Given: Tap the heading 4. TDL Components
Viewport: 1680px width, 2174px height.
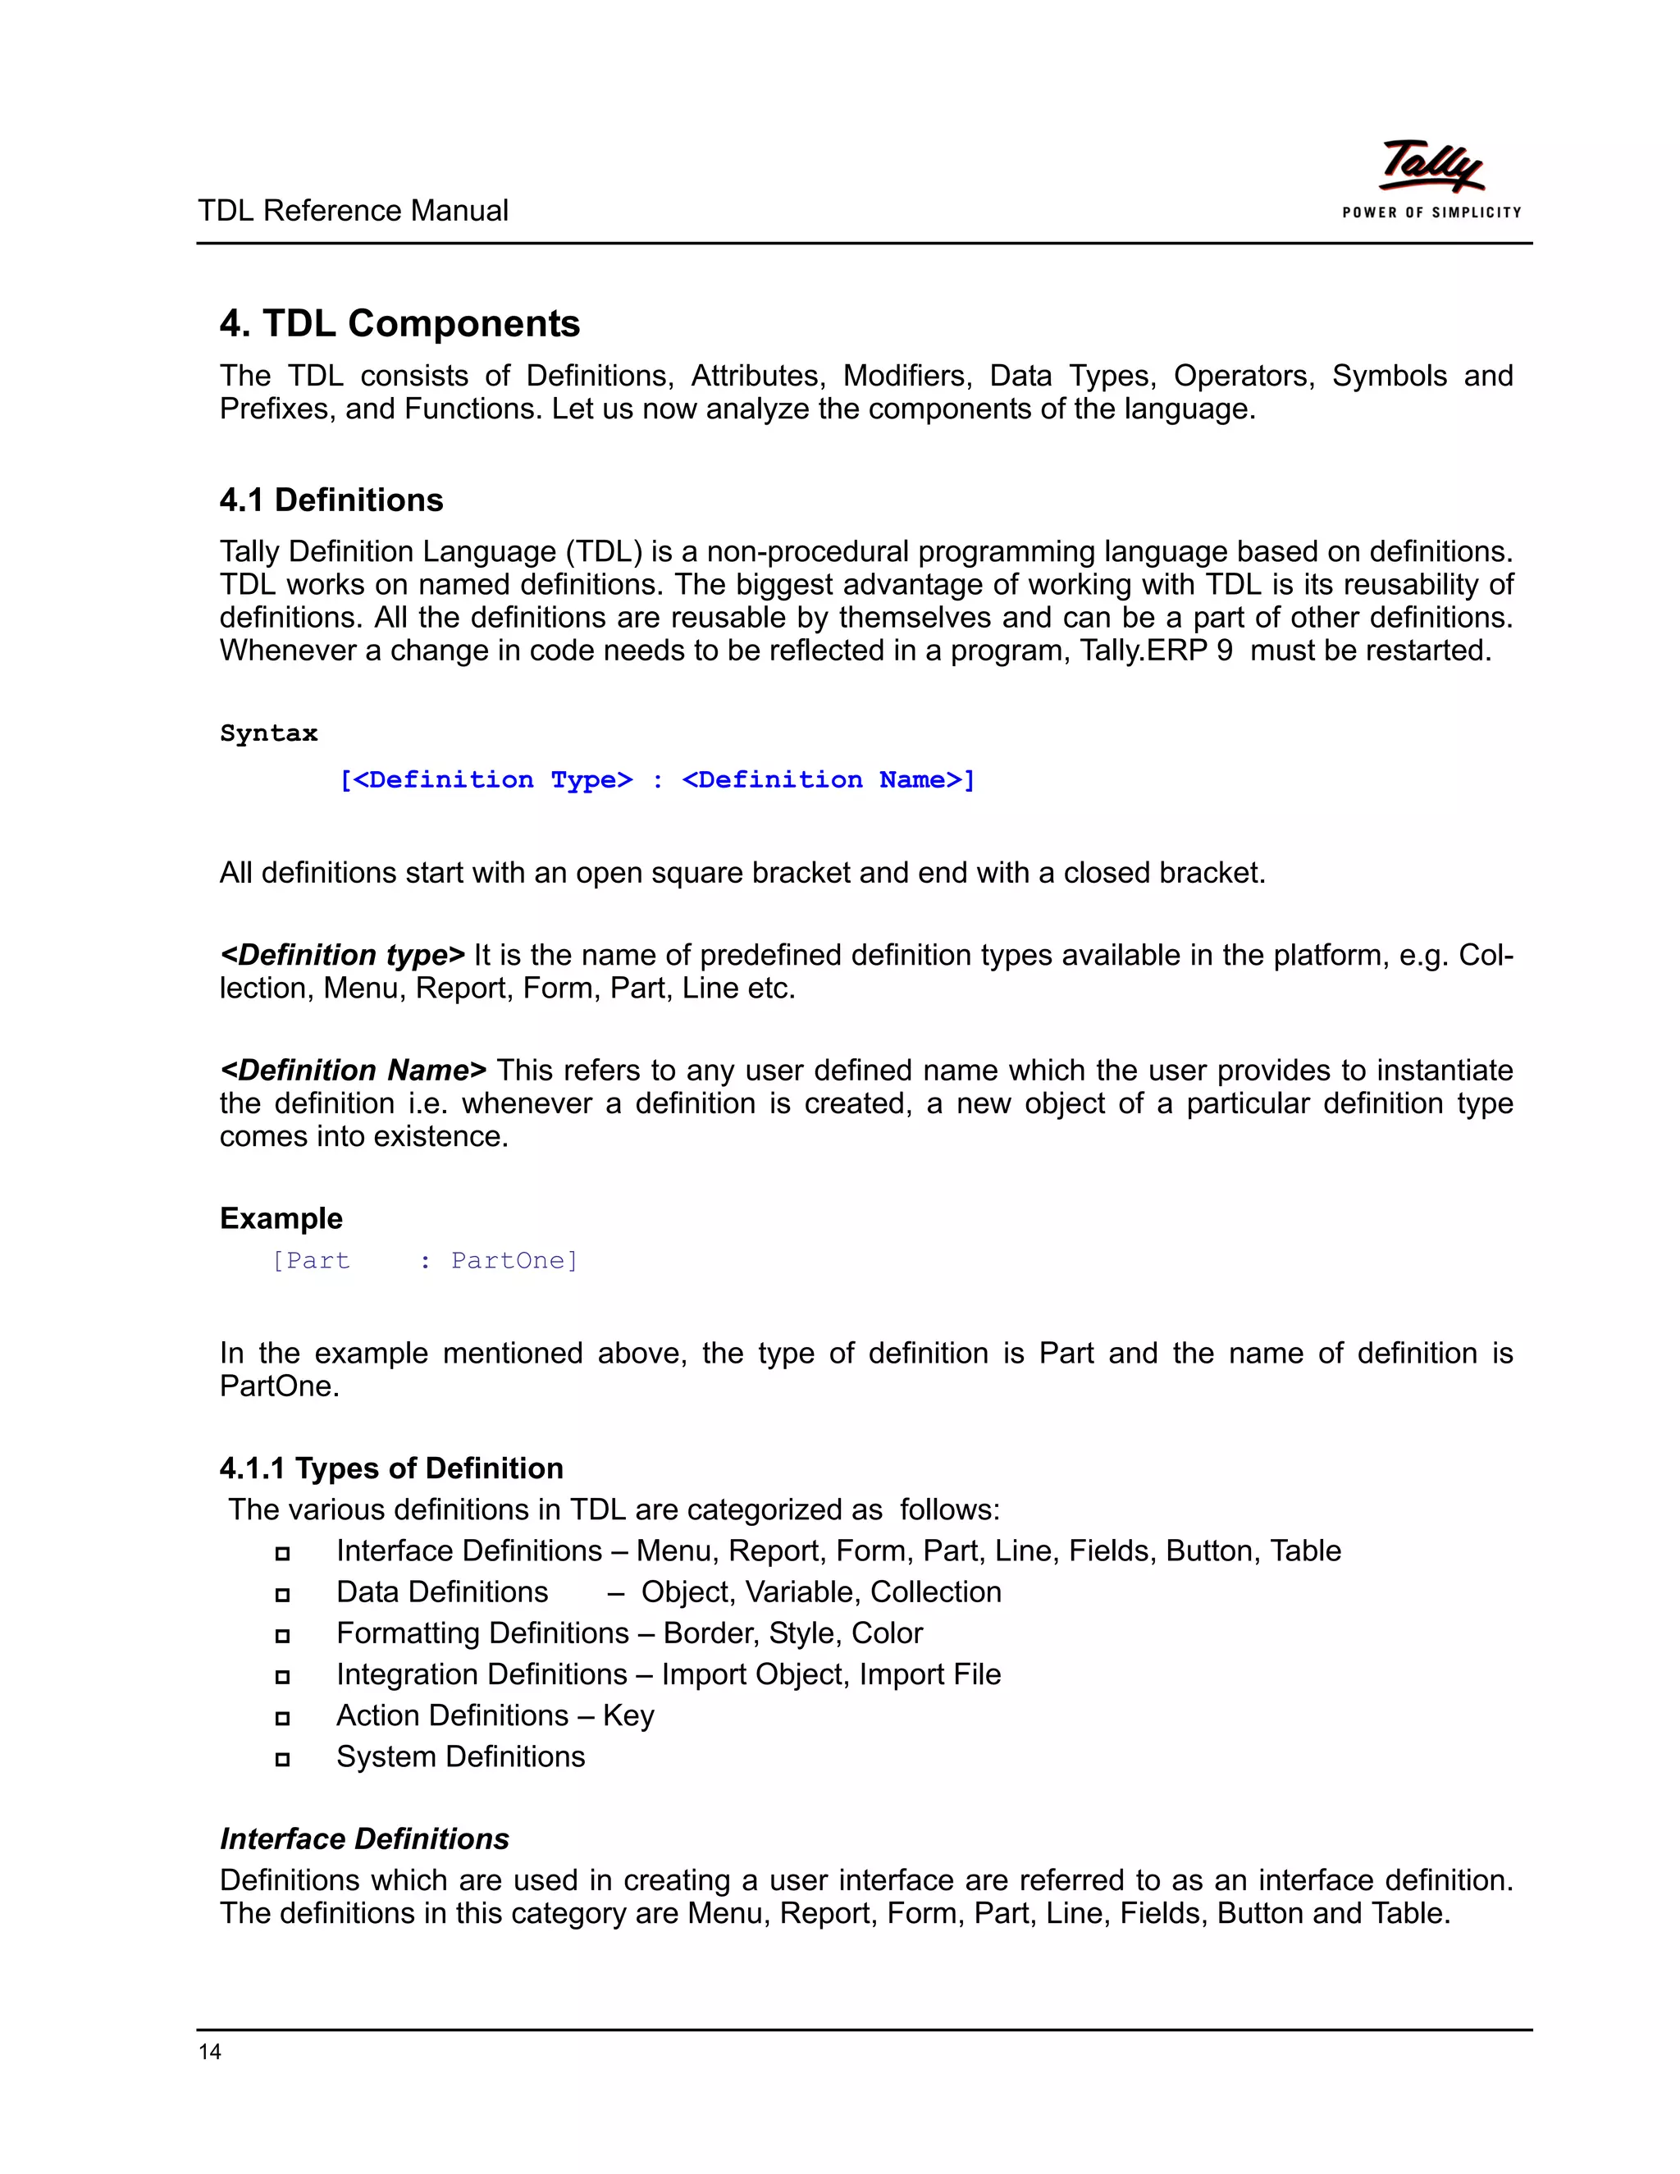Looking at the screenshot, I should click(x=399, y=323).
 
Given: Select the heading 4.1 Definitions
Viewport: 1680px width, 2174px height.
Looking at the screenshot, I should click(x=331, y=500).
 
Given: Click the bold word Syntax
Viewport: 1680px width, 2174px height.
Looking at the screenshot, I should click(x=269, y=733).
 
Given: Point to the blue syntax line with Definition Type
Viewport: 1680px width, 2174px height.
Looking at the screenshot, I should click(x=657, y=780).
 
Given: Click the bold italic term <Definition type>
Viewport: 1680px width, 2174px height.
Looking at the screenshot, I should click(x=342, y=956).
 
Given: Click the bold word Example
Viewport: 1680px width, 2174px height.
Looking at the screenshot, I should click(x=281, y=1218).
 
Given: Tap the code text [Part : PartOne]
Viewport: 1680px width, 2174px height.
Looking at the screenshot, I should click(x=425, y=1261).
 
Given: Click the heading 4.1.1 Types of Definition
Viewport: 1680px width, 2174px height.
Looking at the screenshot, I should click(x=391, y=1468).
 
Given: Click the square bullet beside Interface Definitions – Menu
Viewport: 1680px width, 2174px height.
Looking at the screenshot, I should click(x=283, y=1553).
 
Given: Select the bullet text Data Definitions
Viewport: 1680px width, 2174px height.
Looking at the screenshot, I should click(x=442, y=1592).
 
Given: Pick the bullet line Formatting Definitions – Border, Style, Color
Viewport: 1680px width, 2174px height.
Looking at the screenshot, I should click(x=629, y=1633).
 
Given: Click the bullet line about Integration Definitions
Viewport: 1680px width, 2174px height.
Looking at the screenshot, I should click(x=668, y=1674).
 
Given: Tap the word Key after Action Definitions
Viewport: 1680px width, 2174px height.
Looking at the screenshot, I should click(x=628, y=1716).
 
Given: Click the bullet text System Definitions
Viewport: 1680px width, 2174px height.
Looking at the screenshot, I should click(x=460, y=1757).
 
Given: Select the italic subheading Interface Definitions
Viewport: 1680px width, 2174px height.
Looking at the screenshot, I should click(x=364, y=1839).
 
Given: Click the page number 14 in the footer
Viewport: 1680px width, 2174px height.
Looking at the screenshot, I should click(x=210, y=2052).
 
